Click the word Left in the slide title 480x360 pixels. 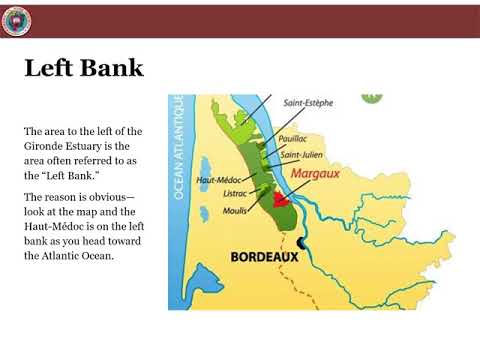point(49,70)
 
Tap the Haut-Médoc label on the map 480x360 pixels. point(218,180)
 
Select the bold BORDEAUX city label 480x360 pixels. point(265,257)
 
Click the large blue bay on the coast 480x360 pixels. point(200,272)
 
